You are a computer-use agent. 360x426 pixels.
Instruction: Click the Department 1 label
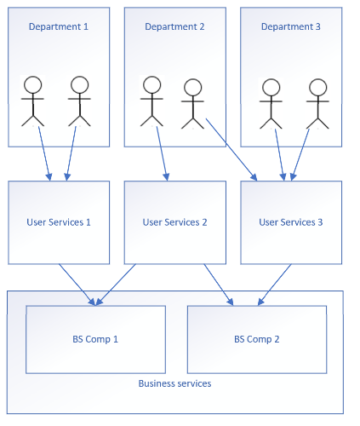click(59, 26)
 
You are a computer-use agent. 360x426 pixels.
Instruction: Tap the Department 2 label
click(174, 26)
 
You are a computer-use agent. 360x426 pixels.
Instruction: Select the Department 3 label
click(291, 26)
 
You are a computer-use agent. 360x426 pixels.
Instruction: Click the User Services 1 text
click(59, 222)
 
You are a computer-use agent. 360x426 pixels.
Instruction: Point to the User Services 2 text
click(174, 222)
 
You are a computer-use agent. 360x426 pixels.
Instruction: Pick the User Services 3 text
click(291, 222)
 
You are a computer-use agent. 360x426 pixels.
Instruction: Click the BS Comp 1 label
click(95, 339)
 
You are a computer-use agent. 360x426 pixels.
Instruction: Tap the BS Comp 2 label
click(257, 339)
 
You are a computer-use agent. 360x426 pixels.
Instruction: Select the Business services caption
click(174, 383)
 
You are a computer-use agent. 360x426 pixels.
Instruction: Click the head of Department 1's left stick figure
click(33, 84)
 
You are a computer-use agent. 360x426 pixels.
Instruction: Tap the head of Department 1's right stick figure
click(80, 84)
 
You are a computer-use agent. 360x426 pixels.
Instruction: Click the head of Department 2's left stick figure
click(152, 84)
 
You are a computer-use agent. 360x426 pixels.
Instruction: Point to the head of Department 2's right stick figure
click(193, 87)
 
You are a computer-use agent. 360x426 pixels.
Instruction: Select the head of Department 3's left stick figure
click(271, 87)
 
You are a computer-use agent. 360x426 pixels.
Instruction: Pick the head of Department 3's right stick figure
click(318, 87)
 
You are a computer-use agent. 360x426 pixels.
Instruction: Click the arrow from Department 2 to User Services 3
click(231, 150)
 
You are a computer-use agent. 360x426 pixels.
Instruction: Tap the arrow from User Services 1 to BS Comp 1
click(77, 285)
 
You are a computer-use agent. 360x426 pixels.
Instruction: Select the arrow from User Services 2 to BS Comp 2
click(219, 285)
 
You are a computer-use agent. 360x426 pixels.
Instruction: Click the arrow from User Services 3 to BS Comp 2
click(275, 285)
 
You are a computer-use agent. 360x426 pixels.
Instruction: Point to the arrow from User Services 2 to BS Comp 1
click(116, 285)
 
